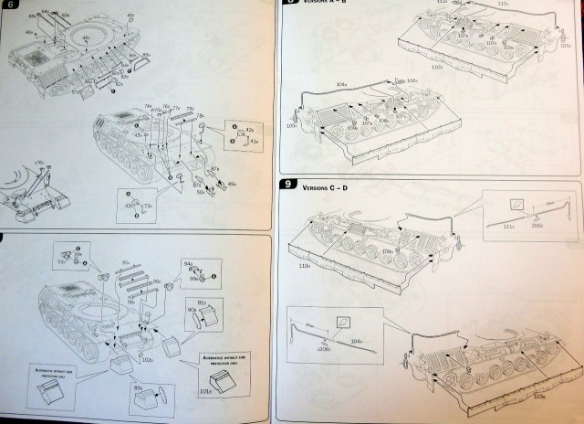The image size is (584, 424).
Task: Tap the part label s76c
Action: point(39,163)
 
